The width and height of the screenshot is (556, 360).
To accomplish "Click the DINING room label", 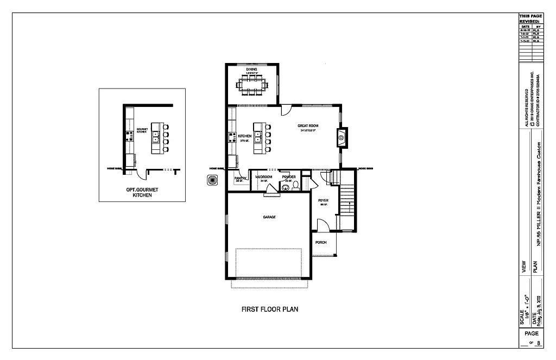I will pos(251,70).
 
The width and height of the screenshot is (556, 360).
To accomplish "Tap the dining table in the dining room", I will pos(251,85).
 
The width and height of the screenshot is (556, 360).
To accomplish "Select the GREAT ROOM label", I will pos(308,126).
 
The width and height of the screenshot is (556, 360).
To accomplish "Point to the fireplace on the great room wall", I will pos(342,138).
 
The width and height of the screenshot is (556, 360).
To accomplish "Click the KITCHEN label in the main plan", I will pos(244,136).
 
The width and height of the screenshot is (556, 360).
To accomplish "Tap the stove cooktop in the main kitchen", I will pos(232,136).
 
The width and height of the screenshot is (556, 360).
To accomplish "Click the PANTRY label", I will pos(240,178).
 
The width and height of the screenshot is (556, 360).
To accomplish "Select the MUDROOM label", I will pos(264,177).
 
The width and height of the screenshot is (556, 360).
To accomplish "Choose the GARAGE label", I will pos(269,217).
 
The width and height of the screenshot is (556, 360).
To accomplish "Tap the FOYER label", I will pos(324,200).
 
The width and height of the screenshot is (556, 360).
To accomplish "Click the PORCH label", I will pos(321,242).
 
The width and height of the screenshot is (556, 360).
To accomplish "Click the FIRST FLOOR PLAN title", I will pos(270,310).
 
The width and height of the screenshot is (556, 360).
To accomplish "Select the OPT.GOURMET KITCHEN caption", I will pos(142,192).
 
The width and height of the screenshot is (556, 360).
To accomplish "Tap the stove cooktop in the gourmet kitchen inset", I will pos(130,136).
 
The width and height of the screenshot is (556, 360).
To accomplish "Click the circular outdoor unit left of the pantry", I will pos(212,180).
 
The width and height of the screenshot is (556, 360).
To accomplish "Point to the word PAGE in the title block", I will pos(532,333).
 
